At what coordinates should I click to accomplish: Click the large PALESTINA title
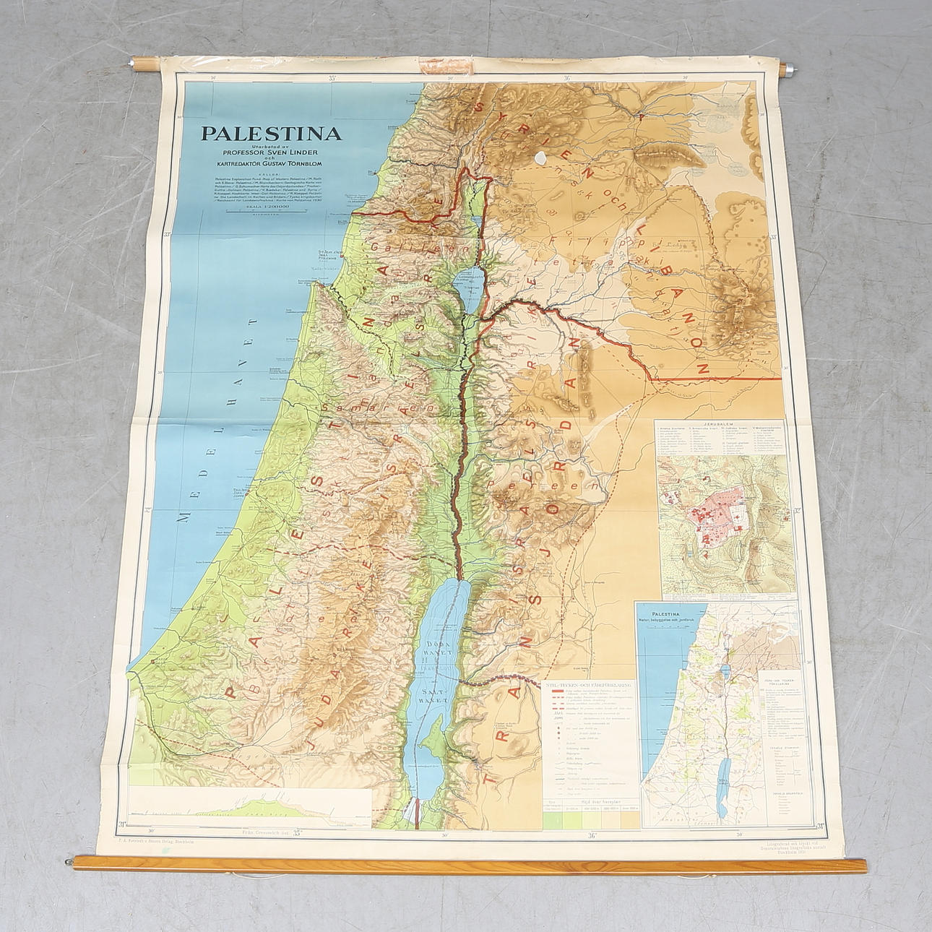pos(271,134)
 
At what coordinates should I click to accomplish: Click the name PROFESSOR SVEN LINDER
pos(271,153)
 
